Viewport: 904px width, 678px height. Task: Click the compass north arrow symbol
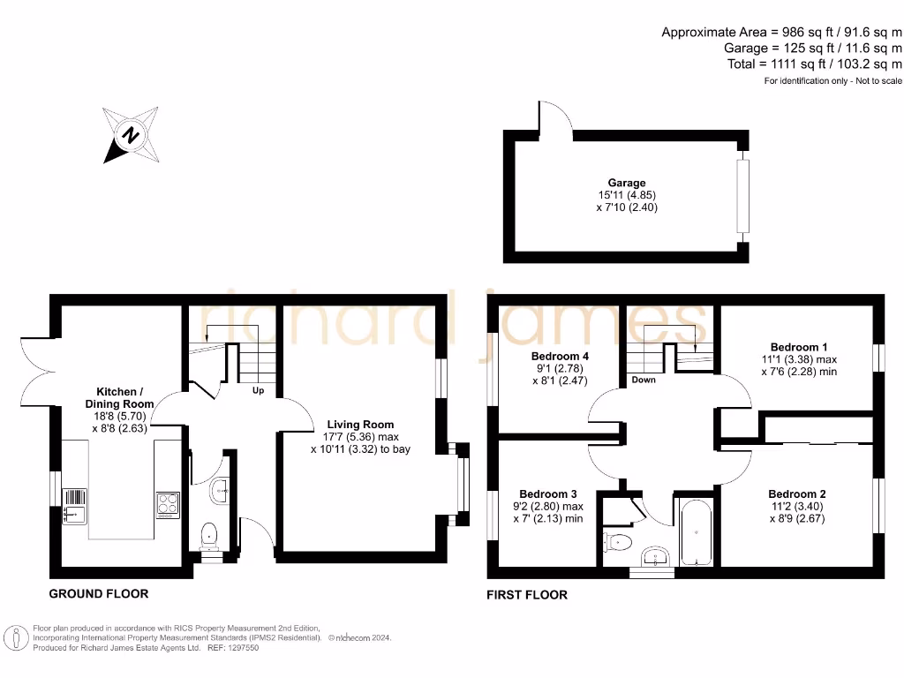click(x=131, y=135)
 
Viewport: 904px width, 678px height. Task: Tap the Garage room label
click(x=626, y=183)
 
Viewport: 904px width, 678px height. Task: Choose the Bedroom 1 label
click(x=799, y=347)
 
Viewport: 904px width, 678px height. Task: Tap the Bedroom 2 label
click(x=797, y=493)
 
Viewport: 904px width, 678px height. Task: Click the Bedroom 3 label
click(x=547, y=493)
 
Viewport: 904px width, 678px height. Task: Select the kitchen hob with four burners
click(x=168, y=503)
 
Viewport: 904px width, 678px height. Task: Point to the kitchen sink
click(x=74, y=507)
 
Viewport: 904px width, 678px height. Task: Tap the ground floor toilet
click(x=209, y=534)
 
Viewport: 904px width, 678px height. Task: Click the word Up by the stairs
click(x=259, y=390)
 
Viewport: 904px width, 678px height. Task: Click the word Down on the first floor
click(x=644, y=380)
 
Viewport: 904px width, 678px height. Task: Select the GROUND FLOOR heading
click(x=98, y=594)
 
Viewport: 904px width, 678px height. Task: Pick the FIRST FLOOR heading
click(x=527, y=595)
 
